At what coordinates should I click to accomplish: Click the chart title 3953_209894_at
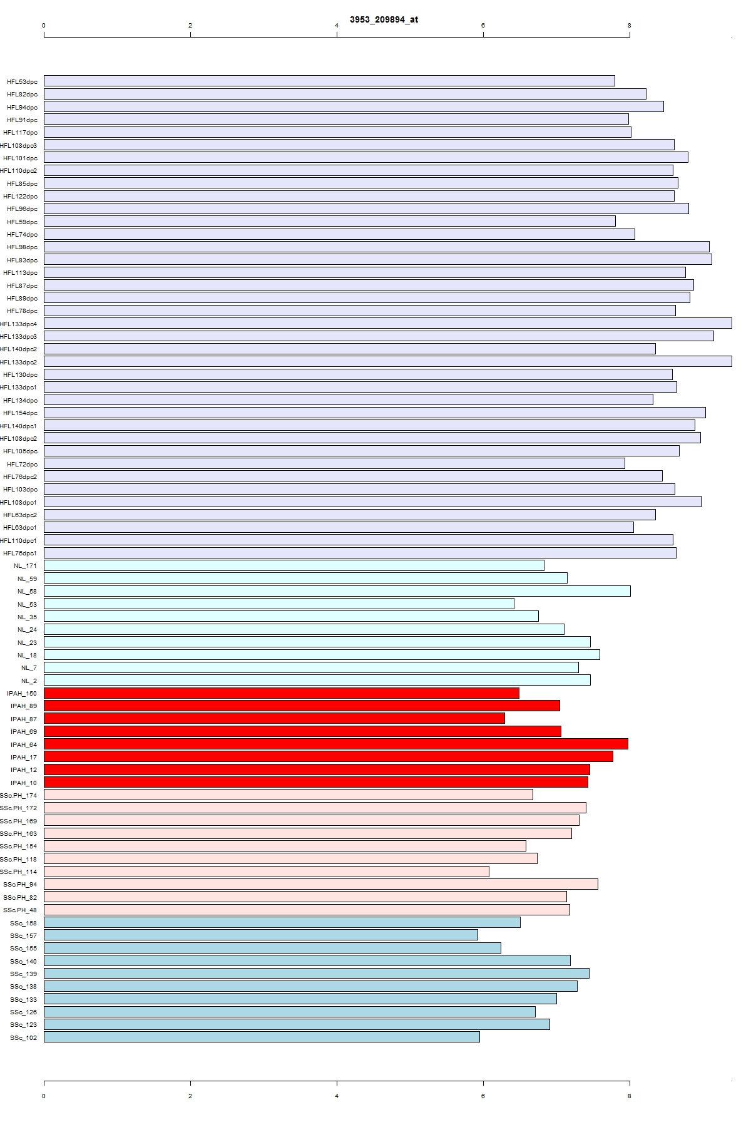click(384, 19)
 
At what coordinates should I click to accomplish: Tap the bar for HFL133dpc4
click(387, 323)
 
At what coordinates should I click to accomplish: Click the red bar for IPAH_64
click(335, 744)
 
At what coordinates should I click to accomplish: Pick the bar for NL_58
click(337, 591)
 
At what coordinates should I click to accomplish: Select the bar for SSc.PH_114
click(266, 872)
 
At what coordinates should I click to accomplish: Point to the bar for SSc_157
click(260, 935)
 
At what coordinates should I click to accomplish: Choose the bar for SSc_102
click(262, 1037)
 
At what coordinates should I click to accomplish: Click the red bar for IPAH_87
click(274, 718)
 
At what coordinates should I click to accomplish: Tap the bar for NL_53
click(278, 604)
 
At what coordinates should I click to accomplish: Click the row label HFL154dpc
click(20, 413)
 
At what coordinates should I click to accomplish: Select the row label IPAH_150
click(22, 694)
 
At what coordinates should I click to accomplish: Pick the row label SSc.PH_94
click(20, 885)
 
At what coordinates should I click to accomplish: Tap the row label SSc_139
click(23, 974)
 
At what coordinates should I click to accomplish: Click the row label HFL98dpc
click(22, 247)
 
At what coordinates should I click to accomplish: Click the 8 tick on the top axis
click(630, 26)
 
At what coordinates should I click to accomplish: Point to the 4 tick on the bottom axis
click(337, 1096)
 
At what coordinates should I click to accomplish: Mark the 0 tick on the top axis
click(44, 26)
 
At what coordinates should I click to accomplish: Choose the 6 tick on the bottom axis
click(483, 1096)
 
